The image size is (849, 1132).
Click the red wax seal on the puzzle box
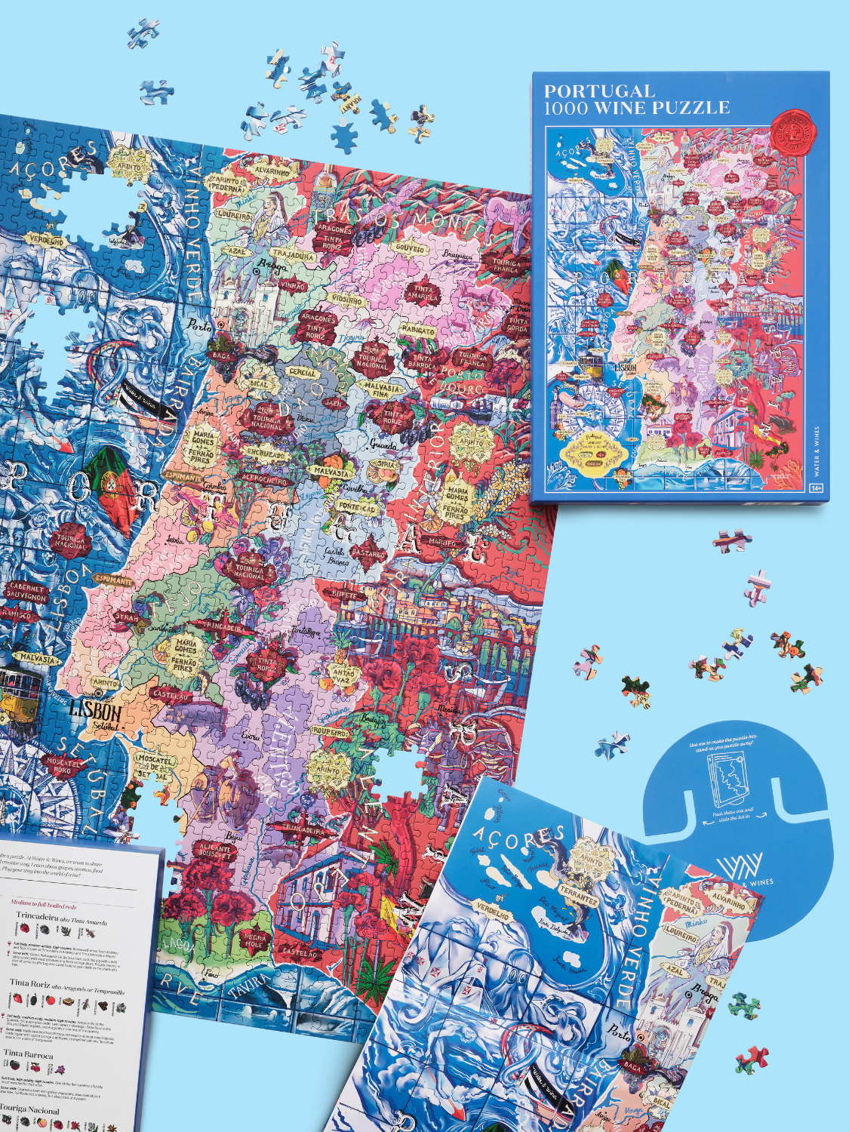coord(793,130)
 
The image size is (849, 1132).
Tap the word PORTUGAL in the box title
coord(599,91)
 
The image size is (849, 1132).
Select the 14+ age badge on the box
coord(816,488)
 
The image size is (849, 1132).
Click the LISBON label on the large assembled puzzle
coord(95,710)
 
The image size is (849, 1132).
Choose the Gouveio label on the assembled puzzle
coord(410,249)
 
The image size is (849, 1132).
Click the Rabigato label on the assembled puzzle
coord(417,331)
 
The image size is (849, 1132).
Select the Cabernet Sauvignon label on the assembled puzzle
coord(26,592)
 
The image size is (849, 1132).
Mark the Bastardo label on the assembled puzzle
coord(368,555)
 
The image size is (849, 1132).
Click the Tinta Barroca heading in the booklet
coord(28,1054)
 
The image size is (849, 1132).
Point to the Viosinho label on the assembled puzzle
coord(347,300)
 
